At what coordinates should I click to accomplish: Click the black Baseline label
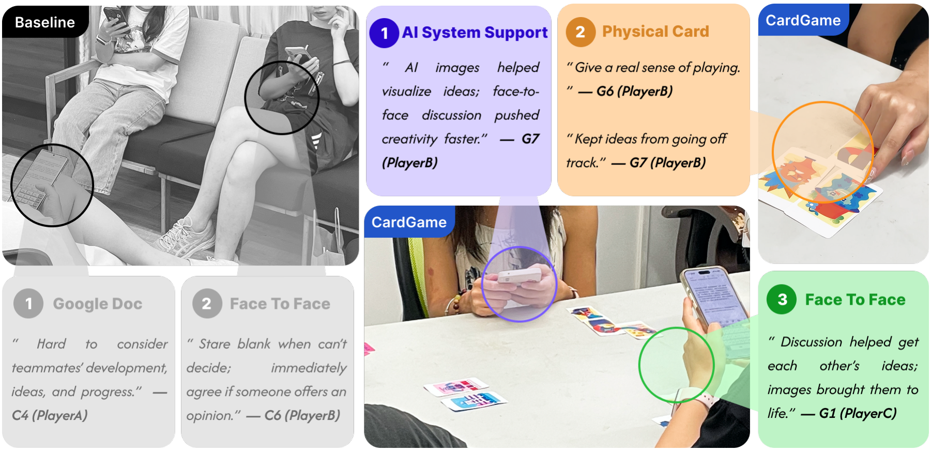tap(45, 22)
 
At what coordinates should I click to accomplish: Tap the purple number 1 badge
tap(384, 33)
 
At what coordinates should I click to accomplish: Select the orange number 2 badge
tap(581, 32)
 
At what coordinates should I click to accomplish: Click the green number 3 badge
tap(782, 299)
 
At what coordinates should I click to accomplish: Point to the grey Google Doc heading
tap(98, 304)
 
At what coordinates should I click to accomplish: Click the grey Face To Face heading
tap(280, 304)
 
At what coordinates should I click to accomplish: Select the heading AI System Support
tap(475, 33)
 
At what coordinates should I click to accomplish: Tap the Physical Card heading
tap(655, 32)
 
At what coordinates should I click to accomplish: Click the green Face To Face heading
tap(856, 300)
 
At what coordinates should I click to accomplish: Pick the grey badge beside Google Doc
tap(28, 303)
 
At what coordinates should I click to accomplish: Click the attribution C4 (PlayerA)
tap(50, 415)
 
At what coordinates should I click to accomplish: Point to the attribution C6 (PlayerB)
tap(302, 415)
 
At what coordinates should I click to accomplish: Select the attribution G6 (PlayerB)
tap(634, 91)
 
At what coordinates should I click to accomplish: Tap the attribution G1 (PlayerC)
tap(858, 413)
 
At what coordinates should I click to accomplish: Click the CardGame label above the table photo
tap(409, 222)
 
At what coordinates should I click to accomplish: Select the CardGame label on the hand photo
tap(803, 20)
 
